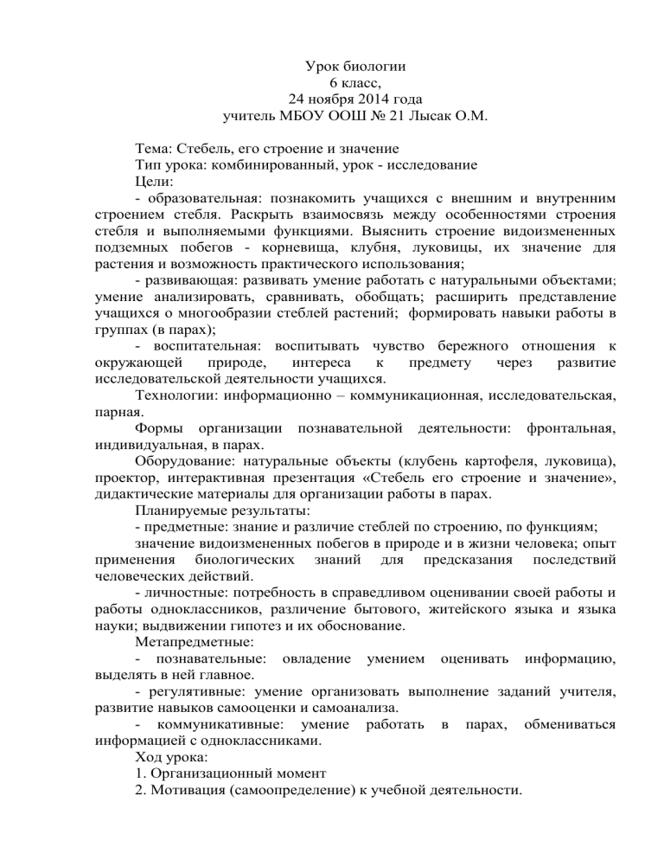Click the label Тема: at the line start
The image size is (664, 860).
[156, 150]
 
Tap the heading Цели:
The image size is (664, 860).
[155, 183]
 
